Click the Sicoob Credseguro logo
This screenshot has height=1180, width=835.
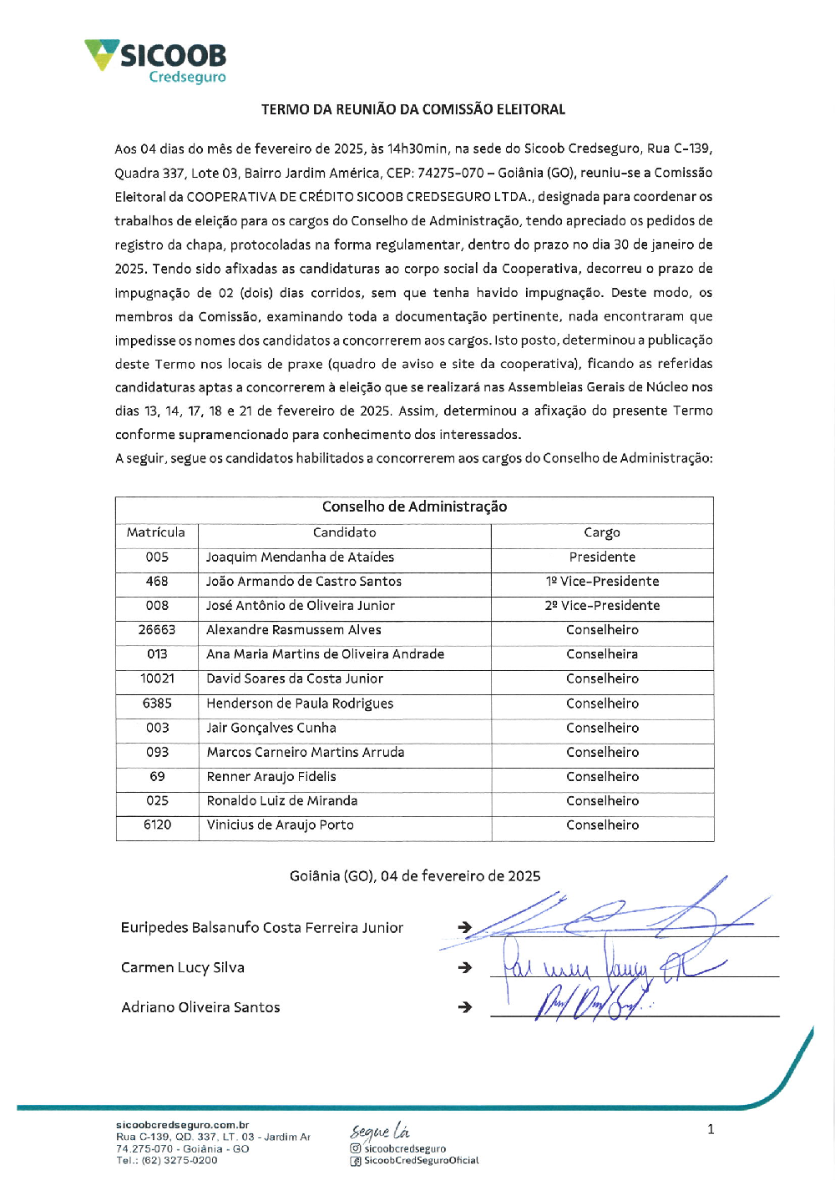coord(156,61)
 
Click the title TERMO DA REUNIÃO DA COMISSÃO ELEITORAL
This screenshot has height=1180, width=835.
coord(412,109)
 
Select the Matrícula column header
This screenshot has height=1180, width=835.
coord(156,532)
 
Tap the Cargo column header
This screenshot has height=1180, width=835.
coord(602,532)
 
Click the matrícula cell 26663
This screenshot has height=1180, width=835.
coord(157,630)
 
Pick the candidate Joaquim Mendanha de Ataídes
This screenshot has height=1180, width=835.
coord(300,557)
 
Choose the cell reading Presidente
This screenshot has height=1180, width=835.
coord(602,557)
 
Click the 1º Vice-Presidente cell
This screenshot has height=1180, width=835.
coord(602,582)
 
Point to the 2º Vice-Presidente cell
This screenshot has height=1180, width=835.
coord(602,606)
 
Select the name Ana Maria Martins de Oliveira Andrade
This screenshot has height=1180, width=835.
coord(325,654)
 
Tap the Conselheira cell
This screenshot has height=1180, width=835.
coord(602,654)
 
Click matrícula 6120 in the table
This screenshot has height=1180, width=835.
coord(157,825)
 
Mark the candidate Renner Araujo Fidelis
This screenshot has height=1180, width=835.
coord(271,777)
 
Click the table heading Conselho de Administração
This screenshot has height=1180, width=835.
coord(414,507)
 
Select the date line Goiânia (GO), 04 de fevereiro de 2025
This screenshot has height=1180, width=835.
coord(414,876)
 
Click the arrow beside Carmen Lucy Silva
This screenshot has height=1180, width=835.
coord(465,968)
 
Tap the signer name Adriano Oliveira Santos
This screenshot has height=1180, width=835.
coord(200,1007)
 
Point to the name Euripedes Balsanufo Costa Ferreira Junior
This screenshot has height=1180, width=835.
coord(262,928)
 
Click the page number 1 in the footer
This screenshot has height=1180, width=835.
coord(711,1130)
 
